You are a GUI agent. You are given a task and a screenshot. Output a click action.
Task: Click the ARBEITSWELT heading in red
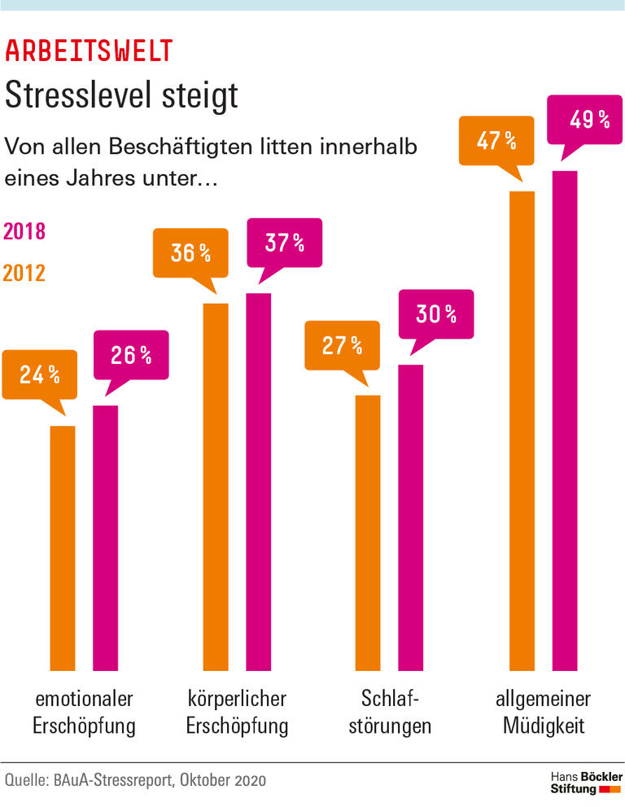coord(89,51)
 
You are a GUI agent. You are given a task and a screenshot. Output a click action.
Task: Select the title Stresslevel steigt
coord(121,95)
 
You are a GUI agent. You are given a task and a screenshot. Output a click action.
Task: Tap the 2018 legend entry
coord(24,231)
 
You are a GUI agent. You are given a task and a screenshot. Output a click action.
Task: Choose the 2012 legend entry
coord(24,273)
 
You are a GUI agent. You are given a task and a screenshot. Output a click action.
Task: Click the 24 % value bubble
coord(40,375)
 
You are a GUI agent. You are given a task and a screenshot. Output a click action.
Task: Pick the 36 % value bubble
coord(190,252)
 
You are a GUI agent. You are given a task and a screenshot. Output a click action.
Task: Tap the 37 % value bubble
coord(284,242)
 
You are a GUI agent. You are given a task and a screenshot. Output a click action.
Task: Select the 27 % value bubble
coord(342,344)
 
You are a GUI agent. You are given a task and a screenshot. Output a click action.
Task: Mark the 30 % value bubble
coord(436,314)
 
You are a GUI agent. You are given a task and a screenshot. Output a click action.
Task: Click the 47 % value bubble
coord(496,140)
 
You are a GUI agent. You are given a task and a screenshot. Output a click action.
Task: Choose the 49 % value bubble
coord(590,119)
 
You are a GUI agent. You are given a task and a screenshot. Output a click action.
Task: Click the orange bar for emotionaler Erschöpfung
coord(63,546)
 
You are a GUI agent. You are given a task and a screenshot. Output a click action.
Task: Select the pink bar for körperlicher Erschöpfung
coord(258,480)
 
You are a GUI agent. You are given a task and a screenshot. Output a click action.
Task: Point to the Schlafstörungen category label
coord(390,712)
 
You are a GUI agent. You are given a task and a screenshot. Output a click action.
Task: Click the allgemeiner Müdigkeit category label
coord(544,712)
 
